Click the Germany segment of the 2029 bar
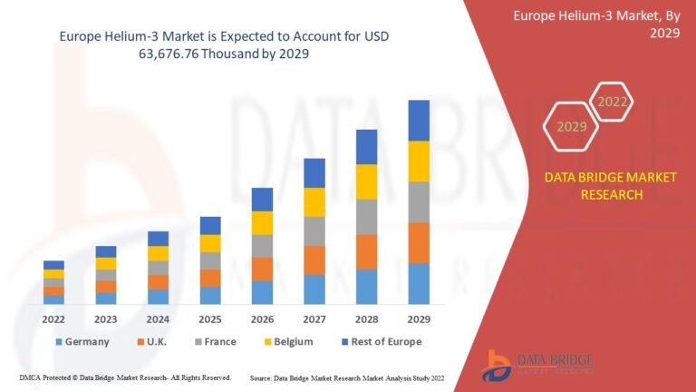coord(419,283)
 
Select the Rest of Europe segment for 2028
coord(366,146)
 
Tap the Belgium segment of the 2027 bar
coord(314,201)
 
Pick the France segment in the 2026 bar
coord(262,246)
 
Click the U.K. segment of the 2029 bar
coord(419,242)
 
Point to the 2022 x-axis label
coord(53,318)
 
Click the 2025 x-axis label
coord(210,318)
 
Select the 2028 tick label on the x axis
coord(366,318)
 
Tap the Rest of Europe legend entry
coord(380,342)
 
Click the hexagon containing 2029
coord(572,126)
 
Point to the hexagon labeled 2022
coord(613,102)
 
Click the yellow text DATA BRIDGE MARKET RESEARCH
coord(609,185)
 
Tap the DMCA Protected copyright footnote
coord(125,377)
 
